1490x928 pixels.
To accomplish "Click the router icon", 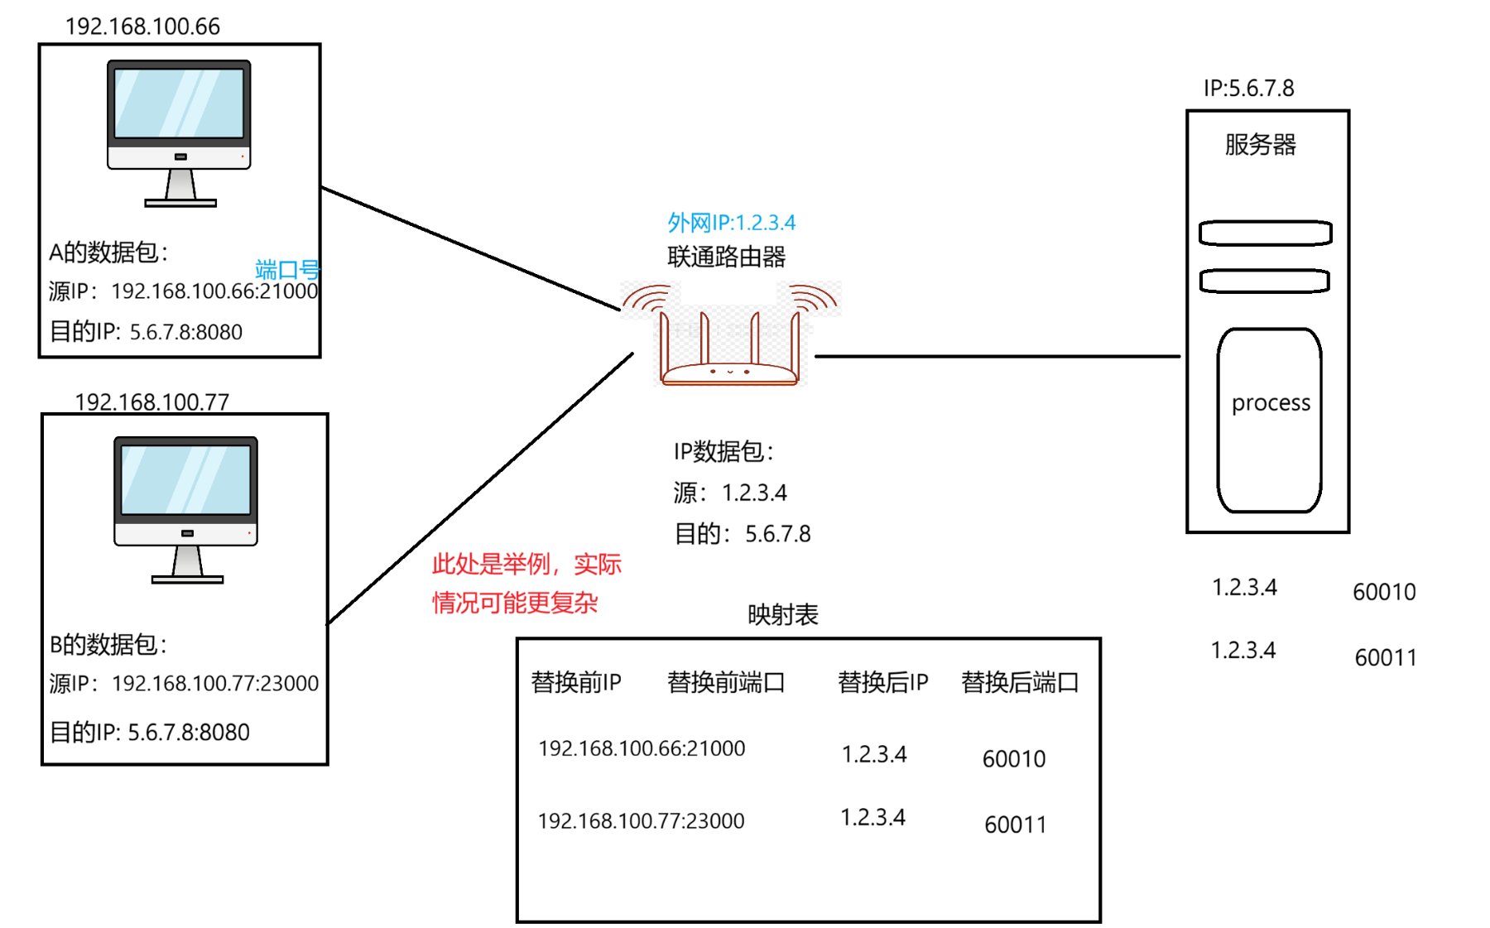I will point(729,339).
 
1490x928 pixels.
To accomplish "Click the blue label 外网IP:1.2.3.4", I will point(731,223).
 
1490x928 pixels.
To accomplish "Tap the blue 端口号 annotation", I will point(287,269).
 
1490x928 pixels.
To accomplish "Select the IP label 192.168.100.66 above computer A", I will point(142,26).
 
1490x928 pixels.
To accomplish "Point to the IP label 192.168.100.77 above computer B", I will point(151,402).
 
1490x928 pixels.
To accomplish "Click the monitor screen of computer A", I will point(179,103).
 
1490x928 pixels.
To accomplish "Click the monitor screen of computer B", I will point(185,479).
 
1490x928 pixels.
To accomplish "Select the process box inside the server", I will point(1269,420).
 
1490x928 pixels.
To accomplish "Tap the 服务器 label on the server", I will point(1260,145).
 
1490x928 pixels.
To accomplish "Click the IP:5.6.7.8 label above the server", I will point(1248,89).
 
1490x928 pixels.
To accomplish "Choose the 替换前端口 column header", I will point(725,682).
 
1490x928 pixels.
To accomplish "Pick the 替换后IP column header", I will point(882,682).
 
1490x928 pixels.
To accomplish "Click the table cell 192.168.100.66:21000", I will point(642,748).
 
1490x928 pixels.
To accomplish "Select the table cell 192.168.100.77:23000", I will point(642,820).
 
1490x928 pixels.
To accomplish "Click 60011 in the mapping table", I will point(1015,825).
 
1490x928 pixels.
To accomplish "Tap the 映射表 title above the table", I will point(782,614).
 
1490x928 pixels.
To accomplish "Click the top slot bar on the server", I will point(1265,233).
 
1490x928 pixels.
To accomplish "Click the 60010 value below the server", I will point(1384,592).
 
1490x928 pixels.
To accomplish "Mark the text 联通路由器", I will point(726,257).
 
